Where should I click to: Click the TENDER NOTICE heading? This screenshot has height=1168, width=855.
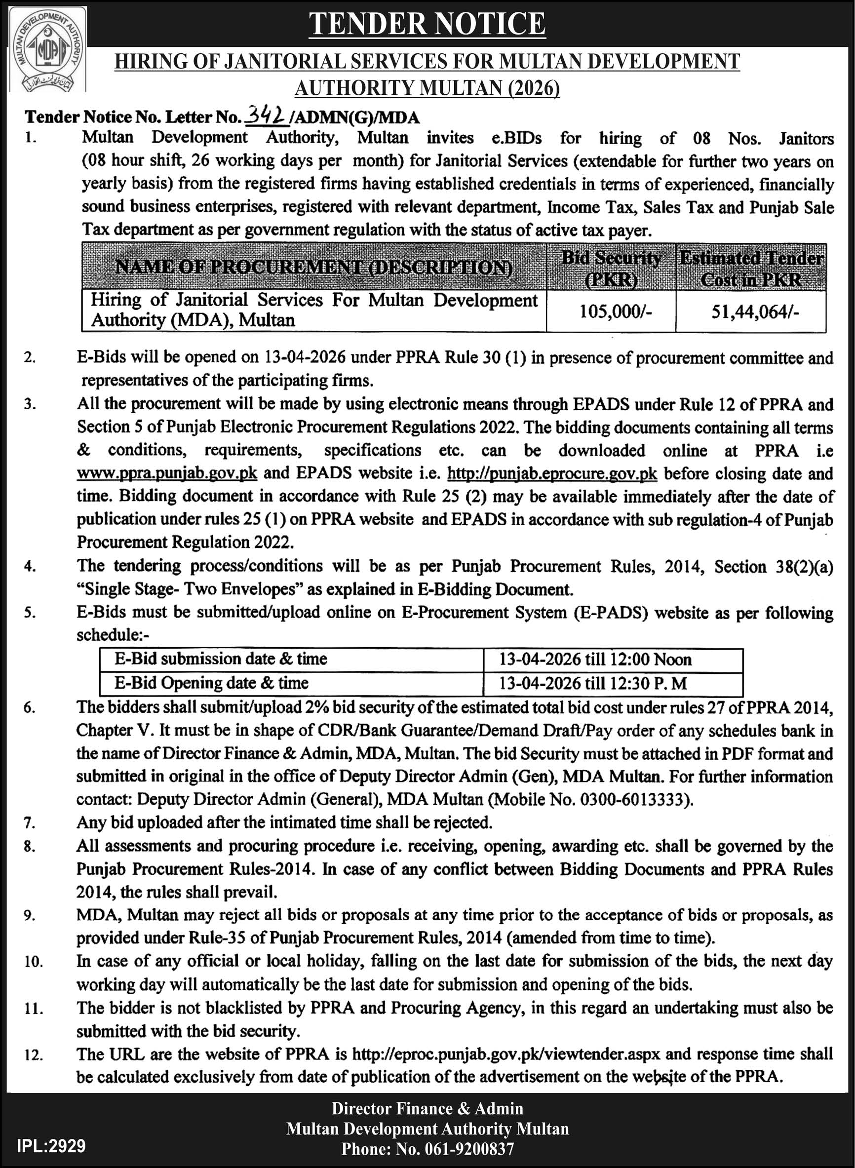pos(427,24)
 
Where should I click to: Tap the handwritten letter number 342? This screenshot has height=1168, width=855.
pos(267,117)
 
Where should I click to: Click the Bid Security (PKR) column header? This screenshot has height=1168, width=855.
pos(611,268)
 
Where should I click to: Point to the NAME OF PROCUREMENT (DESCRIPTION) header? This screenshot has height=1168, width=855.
pos(313,267)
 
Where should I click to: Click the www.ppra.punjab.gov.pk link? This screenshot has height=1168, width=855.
pos(167,473)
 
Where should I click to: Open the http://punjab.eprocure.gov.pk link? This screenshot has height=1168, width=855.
pos(552,473)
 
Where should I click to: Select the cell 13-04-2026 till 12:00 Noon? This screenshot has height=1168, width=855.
pos(595,659)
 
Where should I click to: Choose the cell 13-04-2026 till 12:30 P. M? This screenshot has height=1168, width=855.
pos(592,683)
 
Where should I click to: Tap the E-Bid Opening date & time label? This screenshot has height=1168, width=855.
pos(211,683)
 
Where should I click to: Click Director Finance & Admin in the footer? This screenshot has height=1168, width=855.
pos(427,1108)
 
